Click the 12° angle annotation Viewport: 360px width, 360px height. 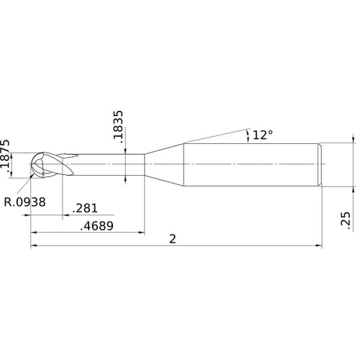263,135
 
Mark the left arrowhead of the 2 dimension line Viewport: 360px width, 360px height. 34,246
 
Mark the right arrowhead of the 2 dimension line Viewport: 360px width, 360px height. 318,246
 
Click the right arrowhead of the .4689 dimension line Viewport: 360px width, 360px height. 141,233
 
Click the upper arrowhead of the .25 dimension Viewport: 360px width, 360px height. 353,140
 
